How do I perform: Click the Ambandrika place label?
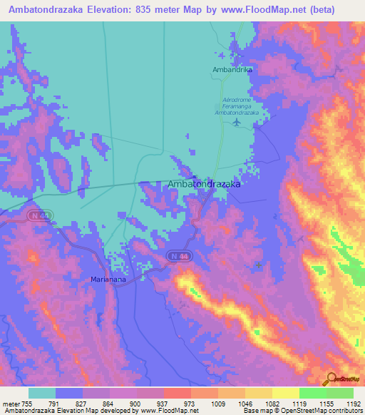pos(229,69)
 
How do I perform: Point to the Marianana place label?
pos(108,280)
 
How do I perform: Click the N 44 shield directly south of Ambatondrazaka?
pos(180,255)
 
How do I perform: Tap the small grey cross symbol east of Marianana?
pos(258,265)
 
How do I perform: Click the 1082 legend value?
pos(270,403)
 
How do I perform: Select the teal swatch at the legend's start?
pos(42,393)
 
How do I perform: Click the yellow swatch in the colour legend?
pos(285,393)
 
